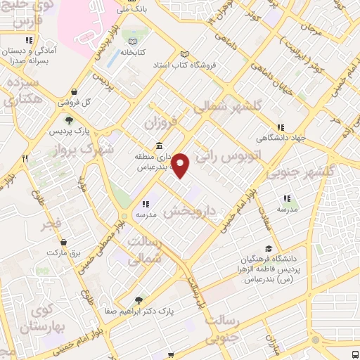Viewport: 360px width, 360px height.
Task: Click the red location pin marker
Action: tap(181, 165)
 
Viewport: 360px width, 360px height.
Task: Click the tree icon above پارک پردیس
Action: tap(67, 120)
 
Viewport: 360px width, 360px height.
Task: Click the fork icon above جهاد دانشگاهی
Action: tap(281, 128)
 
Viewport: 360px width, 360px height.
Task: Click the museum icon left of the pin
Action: tap(159, 146)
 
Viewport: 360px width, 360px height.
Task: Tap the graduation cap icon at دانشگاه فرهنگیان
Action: tap(268, 249)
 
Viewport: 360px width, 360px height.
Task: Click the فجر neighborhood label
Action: tap(51, 224)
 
